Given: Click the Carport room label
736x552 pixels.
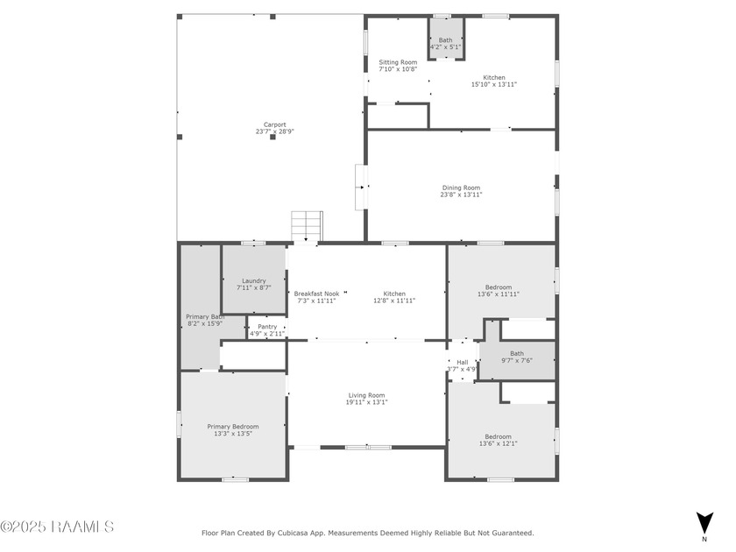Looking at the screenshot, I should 275,124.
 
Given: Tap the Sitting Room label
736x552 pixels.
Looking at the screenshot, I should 398,62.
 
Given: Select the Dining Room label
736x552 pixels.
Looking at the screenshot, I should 461,188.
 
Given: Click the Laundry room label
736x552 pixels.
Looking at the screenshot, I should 254,281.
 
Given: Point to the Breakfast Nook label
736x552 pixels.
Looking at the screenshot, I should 316,294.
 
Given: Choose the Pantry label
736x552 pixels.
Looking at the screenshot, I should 266,327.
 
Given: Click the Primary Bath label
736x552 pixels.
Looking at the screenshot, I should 205,316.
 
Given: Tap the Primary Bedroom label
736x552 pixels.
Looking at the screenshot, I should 233,427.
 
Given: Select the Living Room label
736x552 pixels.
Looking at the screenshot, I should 366,395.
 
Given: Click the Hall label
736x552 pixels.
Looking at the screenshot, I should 462,362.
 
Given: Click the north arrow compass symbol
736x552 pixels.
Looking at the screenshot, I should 703,523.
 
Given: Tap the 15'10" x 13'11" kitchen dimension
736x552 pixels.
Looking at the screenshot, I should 494,85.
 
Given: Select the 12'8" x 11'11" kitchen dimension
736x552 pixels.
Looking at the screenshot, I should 394,301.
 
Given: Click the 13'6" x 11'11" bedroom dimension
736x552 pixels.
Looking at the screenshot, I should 499,294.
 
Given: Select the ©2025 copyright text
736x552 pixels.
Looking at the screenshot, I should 25,527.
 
